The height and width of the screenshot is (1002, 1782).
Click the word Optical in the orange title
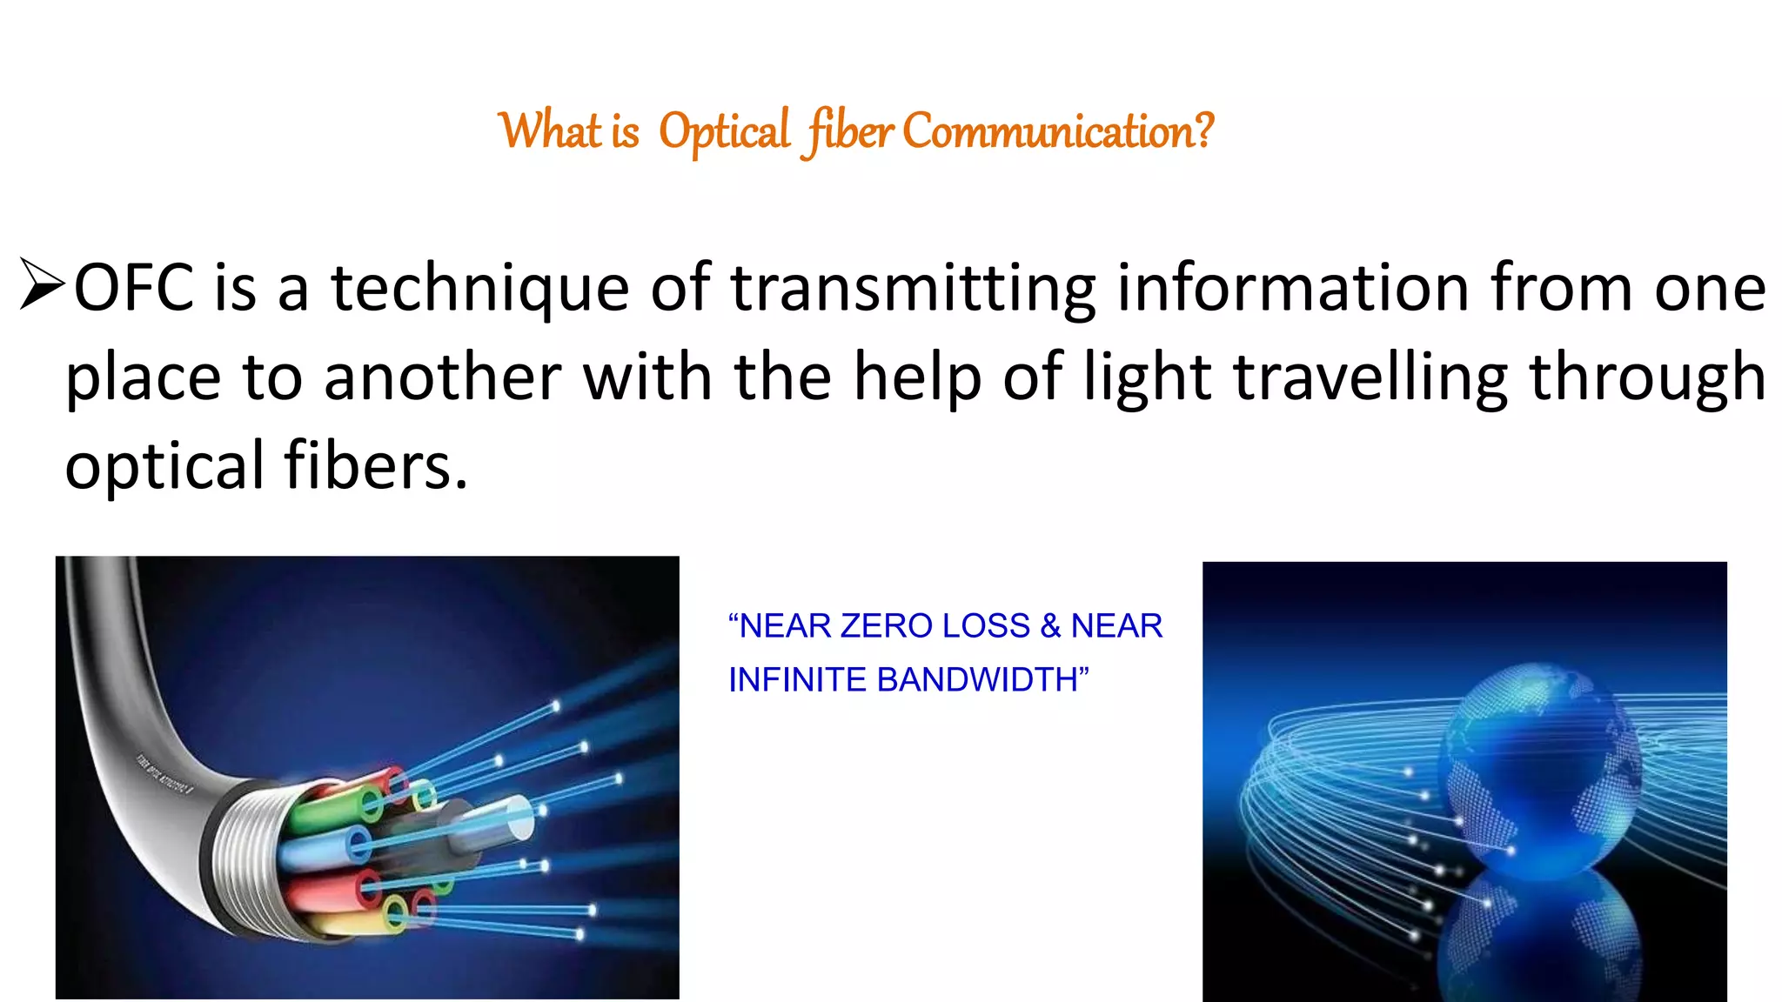pos(724,132)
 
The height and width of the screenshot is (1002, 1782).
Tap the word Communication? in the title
pos(1057,132)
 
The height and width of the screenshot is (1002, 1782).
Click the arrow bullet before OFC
pos(41,284)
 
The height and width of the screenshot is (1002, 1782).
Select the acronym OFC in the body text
pos(133,288)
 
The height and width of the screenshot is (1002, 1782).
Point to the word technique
pos(480,290)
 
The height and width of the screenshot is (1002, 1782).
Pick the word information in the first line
pos(1293,288)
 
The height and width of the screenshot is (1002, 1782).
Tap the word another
pos(442,377)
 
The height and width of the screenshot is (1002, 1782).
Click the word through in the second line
pos(1647,379)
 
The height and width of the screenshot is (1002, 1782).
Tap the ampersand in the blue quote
pos(1050,626)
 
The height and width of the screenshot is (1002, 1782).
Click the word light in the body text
pos(1150,377)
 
